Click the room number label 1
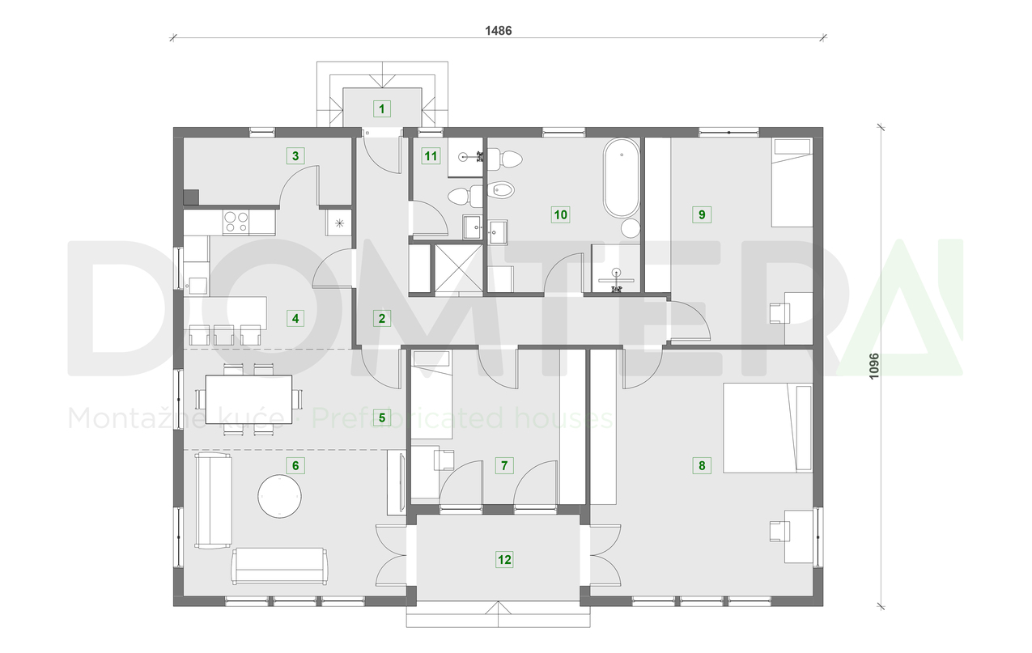click(x=381, y=107)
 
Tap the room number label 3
click(x=295, y=155)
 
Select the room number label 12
click(x=504, y=559)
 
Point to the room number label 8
click(x=702, y=465)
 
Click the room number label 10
click(x=560, y=214)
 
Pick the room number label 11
click(x=431, y=155)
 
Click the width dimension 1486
click(x=499, y=31)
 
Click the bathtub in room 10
click(x=621, y=178)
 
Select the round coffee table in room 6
click(x=280, y=495)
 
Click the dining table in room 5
click(x=248, y=399)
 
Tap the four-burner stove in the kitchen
click(x=236, y=222)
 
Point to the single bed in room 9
click(x=792, y=183)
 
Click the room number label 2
click(x=382, y=318)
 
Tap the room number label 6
click(x=295, y=465)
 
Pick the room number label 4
click(x=295, y=318)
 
